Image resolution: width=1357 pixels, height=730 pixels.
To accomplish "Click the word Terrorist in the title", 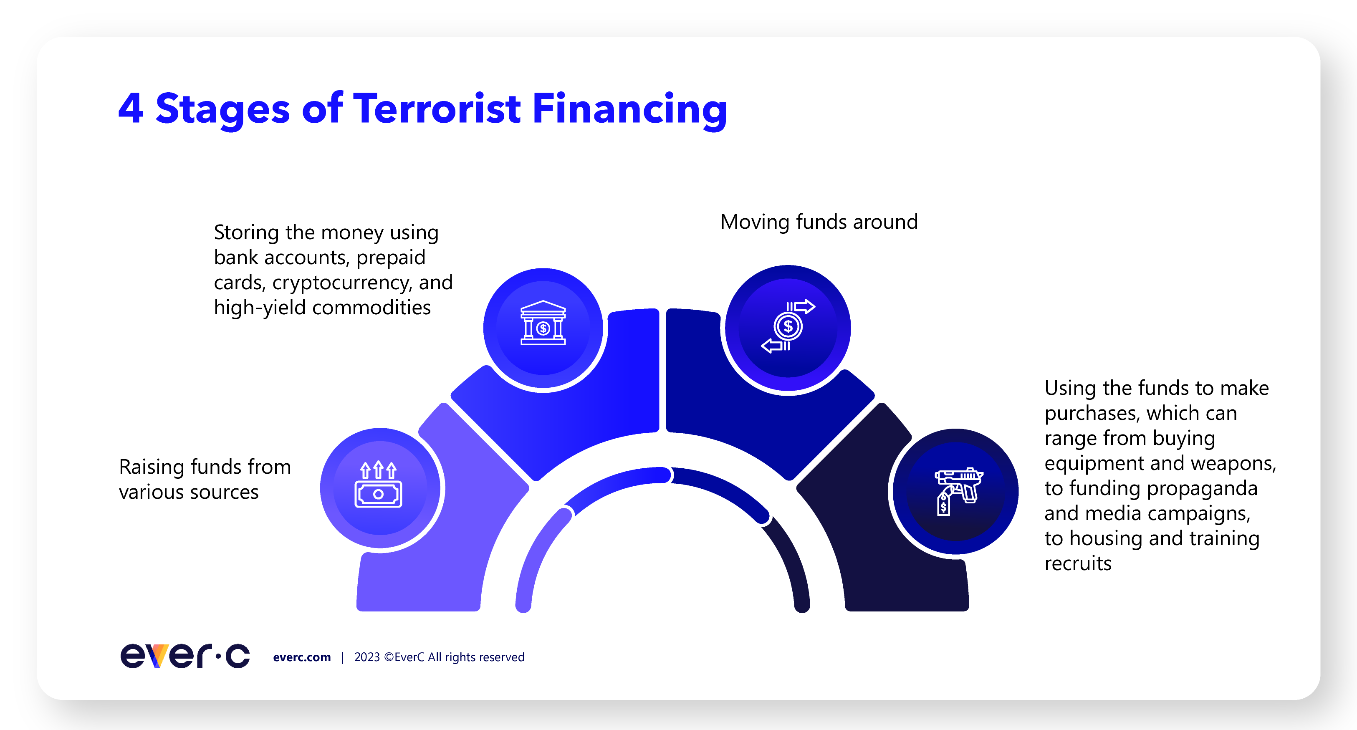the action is tap(437, 109).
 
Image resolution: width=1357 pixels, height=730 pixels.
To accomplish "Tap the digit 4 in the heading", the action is tap(131, 109).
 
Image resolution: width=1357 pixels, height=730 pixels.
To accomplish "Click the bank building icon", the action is tap(543, 323).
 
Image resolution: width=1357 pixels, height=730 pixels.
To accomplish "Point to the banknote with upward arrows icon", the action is tap(378, 485).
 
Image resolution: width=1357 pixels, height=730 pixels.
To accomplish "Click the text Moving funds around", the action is tap(819, 222).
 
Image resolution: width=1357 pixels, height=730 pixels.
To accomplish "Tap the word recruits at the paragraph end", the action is tap(1078, 563).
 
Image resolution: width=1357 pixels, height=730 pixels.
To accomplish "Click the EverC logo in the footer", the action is tap(185, 656).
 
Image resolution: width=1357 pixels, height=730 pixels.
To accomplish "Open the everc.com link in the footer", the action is tap(302, 657).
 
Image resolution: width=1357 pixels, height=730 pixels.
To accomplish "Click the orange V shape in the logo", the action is tap(157, 656).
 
